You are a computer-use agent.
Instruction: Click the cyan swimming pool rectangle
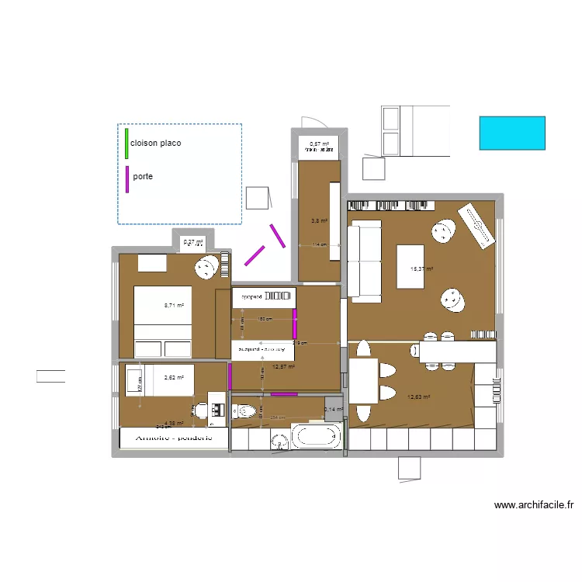512,133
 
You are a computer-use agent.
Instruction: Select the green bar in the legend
126,143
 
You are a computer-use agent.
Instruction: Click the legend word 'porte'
143,177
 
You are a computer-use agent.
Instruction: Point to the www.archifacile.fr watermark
534,505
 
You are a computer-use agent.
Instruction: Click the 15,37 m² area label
421,269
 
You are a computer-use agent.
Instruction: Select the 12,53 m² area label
418,397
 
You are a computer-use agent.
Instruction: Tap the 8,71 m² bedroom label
174,306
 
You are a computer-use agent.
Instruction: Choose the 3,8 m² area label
319,221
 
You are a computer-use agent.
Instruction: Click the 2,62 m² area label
174,378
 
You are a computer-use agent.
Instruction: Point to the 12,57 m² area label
283,367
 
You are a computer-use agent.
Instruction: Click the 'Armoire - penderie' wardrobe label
175,438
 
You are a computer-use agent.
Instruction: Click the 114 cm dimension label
318,245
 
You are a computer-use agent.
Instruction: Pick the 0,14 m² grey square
334,410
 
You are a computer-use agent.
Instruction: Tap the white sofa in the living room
364,260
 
